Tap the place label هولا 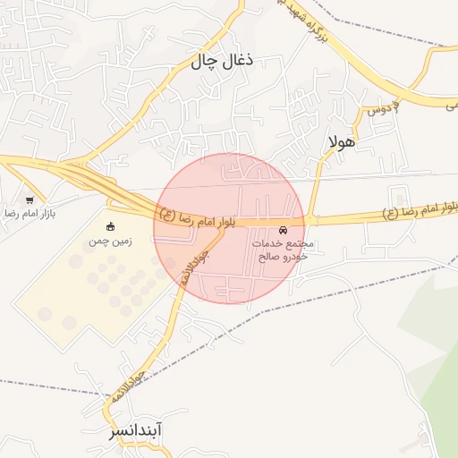(343, 141)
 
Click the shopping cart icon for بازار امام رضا (30, 200)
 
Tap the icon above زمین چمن (110, 225)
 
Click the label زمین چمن (110, 242)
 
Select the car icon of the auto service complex (284, 229)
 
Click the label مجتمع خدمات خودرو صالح (282, 250)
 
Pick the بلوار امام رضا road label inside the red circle (197, 217)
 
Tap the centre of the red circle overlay (229, 228)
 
